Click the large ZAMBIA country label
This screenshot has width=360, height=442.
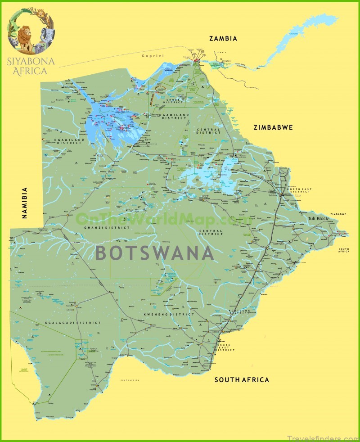click(223, 39)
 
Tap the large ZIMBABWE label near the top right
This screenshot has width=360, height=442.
click(273, 127)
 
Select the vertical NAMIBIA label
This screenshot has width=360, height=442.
click(25, 203)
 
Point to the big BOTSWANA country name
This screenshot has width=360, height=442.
click(155, 253)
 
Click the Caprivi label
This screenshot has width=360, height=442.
click(151, 56)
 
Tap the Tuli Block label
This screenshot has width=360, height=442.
click(318, 218)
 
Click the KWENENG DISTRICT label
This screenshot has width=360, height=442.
click(169, 314)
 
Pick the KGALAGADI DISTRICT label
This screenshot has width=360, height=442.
click(66, 323)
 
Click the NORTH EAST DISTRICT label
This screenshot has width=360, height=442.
click(299, 190)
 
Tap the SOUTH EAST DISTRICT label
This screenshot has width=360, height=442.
click(225, 347)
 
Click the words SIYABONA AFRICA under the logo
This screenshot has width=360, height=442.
click(31, 65)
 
